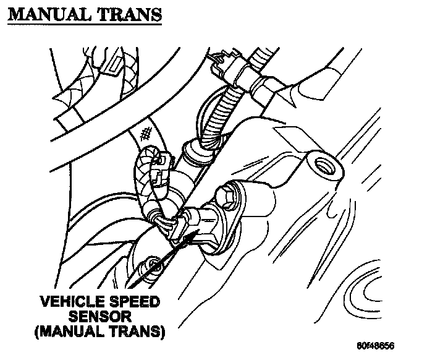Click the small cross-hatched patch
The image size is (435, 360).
point(146,132)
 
